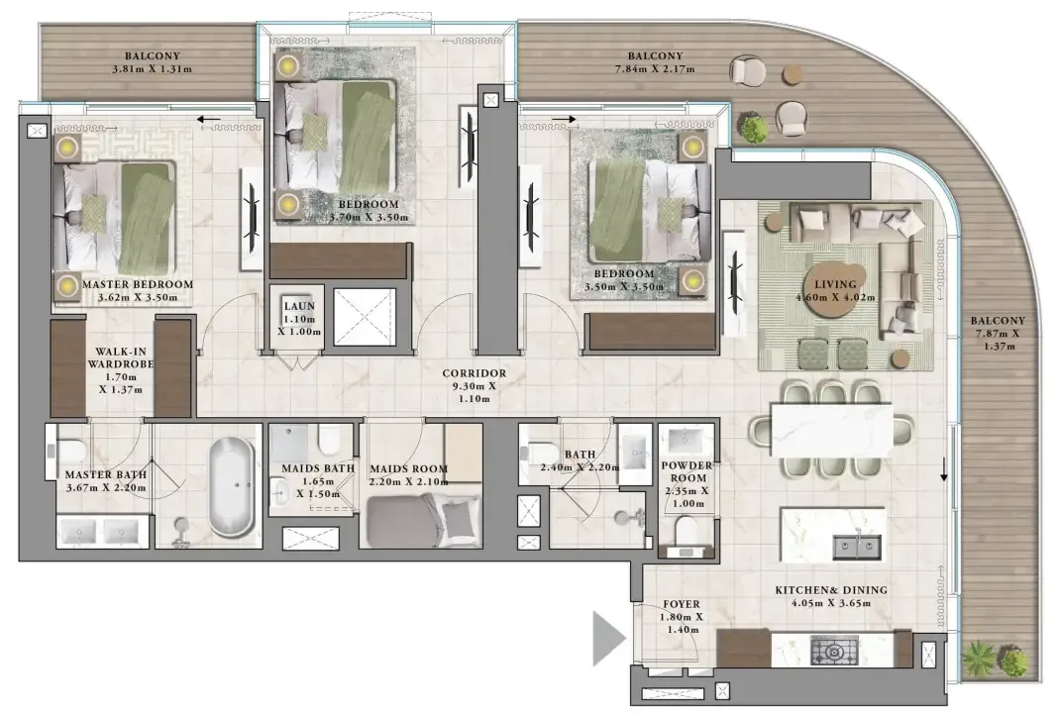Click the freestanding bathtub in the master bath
[231, 486]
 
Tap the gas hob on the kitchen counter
[834, 651]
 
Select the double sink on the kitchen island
[857, 547]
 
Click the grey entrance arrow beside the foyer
[609, 638]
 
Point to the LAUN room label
[299, 306]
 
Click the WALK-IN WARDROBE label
[121, 357]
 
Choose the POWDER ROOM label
[686, 471]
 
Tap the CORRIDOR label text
[475, 373]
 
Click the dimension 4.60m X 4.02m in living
[835, 297]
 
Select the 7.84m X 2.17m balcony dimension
[655, 68]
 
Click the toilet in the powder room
[686, 531]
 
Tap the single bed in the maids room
[424, 521]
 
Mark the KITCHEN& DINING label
[831, 590]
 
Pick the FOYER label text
[681, 605]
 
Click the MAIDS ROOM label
[409, 468]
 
